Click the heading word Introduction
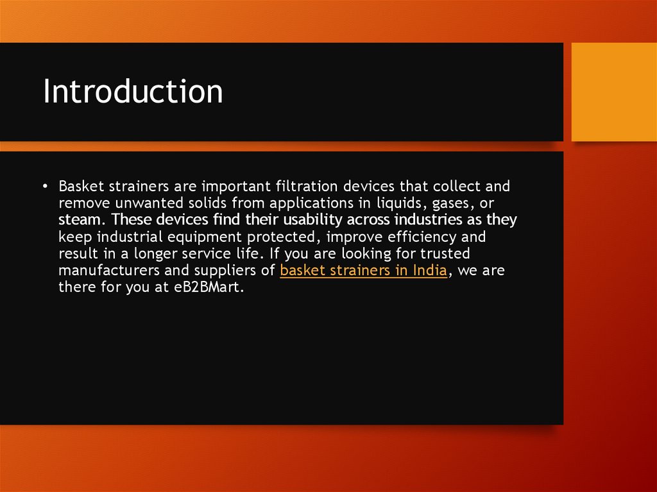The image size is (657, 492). click(x=133, y=92)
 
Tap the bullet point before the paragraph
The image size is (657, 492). click(x=46, y=187)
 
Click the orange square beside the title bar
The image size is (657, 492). click(x=613, y=92)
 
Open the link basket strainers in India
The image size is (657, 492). click(x=363, y=270)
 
